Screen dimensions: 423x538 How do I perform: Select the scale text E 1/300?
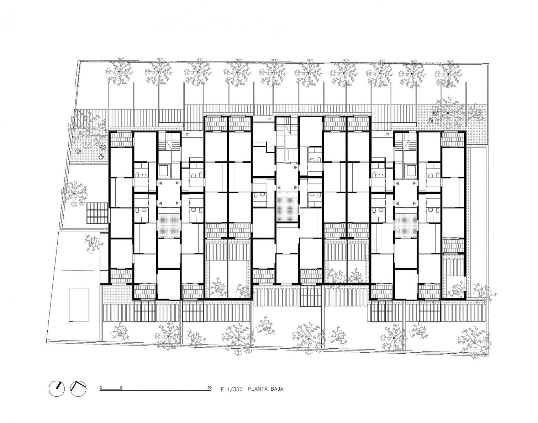231,389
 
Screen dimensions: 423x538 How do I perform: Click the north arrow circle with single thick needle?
57,389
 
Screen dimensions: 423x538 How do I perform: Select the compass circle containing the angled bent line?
79,389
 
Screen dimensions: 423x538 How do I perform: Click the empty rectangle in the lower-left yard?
79,305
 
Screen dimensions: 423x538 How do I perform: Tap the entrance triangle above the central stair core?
269,119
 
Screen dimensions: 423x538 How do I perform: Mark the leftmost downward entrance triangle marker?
186,135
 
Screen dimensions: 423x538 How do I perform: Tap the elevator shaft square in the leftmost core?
164,171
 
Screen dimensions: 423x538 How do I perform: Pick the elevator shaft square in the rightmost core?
411,171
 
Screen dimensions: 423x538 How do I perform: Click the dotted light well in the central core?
287,210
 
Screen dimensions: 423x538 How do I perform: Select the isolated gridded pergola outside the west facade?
97,212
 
